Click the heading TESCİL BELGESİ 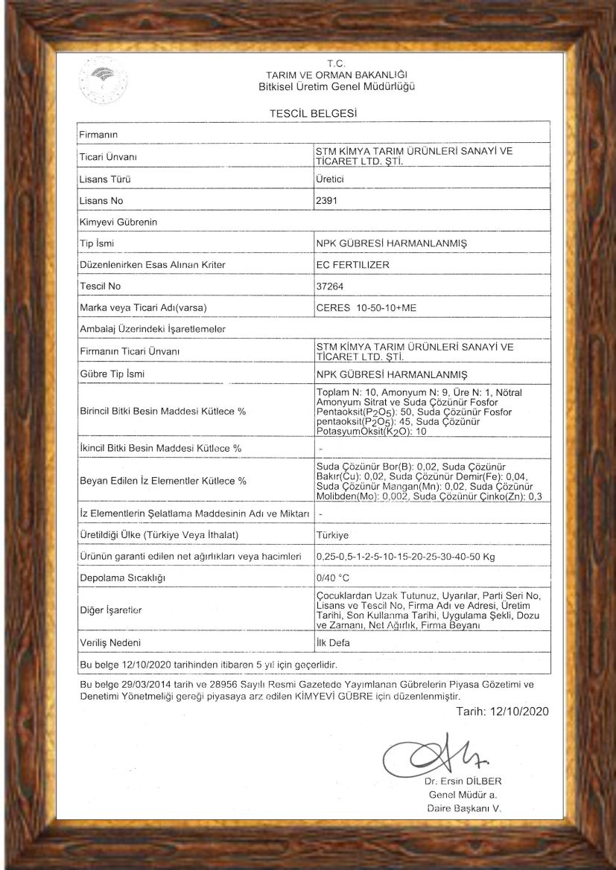[x=308, y=112]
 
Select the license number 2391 [x=327, y=200]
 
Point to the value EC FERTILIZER [x=352, y=264]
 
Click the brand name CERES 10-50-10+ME [x=366, y=307]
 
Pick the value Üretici [x=330, y=179]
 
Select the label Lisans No [x=101, y=201]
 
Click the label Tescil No [x=100, y=286]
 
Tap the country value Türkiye [x=332, y=535]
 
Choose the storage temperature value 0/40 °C [x=333, y=578]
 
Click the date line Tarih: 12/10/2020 [x=501, y=712]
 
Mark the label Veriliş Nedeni [x=110, y=642]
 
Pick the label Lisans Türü [x=105, y=179]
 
